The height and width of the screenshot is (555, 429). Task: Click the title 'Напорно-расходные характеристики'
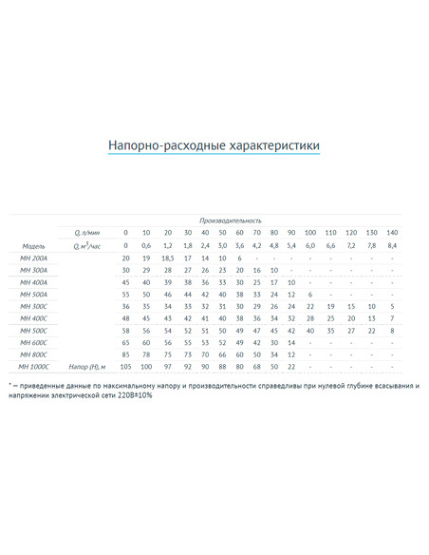pos(214,145)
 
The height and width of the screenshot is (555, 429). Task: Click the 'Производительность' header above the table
pos(230,220)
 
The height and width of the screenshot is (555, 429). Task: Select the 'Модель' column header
pos(33,245)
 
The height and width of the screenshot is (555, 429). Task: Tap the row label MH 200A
pos(33,258)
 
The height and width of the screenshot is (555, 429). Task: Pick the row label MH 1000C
pos(34,366)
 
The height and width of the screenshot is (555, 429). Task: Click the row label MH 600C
pos(33,342)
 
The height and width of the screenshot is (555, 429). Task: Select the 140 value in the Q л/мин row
pos(392,233)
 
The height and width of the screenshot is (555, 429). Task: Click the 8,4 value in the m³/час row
pos(392,245)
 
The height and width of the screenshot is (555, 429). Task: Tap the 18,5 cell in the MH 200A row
pos(167,258)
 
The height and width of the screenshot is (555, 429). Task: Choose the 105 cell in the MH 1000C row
pos(125,366)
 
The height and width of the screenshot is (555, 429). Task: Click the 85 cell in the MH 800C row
pos(125,354)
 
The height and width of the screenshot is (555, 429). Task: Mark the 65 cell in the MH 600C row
pos(125,342)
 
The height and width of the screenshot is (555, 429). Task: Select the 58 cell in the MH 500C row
pos(125,330)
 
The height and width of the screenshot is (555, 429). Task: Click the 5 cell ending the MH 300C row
pos(392,306)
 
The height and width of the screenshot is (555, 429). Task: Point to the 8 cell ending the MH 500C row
pos(392,330)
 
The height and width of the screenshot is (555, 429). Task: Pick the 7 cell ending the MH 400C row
pos(392,317)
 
